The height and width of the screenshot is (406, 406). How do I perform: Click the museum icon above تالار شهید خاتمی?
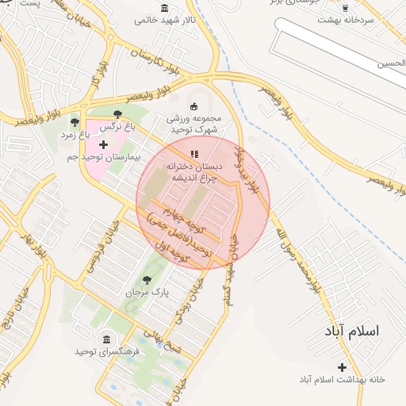pyautogui.click(x=164, y=8)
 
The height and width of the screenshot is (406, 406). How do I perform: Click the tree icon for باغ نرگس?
pyautogui.click(x=118, y=114)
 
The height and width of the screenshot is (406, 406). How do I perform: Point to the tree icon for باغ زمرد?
pyautogui.click(x=75, y=122)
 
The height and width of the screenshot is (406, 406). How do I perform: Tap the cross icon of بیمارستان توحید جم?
pyautogui.click(x=103, y=144)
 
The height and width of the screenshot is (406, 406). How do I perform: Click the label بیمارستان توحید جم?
pyautogui.click(x=102, y=158)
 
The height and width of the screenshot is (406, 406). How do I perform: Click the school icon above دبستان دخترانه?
pyautogui.click(x=194, y=154)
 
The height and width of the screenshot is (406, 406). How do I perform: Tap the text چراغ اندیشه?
pyautogui.click(x=191, y=180)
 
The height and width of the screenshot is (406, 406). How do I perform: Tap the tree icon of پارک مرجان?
pyautogui.click(x=147, y=279)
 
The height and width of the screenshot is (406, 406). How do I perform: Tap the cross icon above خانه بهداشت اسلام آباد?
pyautogui.click(x=342, y=366)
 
